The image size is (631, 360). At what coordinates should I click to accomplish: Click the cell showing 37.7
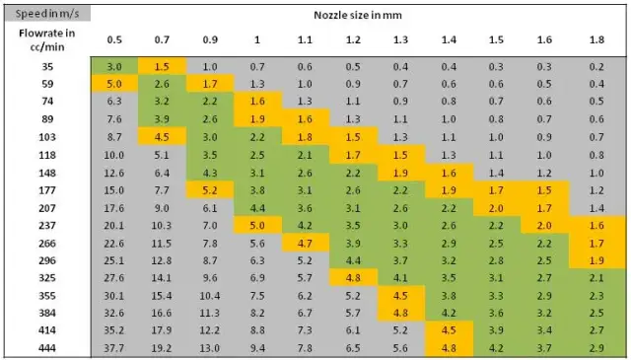pyautogui.click(x=114, y=348)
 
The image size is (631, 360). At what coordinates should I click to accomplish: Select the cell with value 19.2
pyautogui.click(x=163, y=348)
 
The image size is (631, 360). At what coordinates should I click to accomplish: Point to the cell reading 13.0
pyautogui.click(x=210, y=348)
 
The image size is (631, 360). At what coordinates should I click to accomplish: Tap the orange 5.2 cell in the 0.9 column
pyautogui.click(x=210, y=189)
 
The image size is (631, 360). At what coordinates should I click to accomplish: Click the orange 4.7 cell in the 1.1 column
pyautogui.click(x=305, y=243)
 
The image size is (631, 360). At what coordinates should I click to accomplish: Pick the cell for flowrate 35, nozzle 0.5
pyautogui.click(x=114, y=66)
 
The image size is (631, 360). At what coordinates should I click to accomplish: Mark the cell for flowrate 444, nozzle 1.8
pyautogui.click(x=596, y=348)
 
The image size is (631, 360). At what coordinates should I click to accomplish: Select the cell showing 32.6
pyautogui.click(x=114, y=313)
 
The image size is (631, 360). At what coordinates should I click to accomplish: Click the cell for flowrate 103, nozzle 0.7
pyautogui.click(x=163, y=136)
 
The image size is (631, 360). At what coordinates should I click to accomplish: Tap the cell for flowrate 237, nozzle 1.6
pyautogui.click(x=544, y=225)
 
